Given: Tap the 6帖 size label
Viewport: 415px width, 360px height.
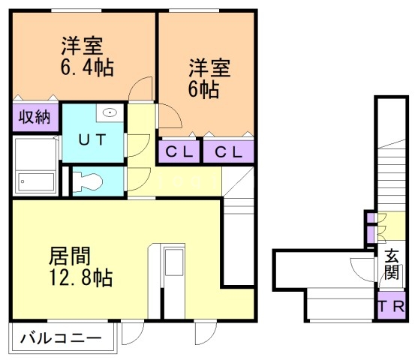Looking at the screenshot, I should tap(203, 90).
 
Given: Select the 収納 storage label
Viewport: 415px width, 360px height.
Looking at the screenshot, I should tap(35, 117).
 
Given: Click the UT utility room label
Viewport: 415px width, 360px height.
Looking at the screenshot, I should tap(92, 140).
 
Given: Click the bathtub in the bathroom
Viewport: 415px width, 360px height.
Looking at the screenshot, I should tap(35, 164).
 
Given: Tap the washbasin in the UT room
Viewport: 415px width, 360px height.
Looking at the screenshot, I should tap(110, 114).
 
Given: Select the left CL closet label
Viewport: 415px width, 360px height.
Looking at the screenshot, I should tap(179, 151).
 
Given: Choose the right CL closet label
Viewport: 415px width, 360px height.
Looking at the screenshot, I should tap(227, 151).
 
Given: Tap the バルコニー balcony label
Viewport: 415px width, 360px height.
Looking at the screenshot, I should tap(62, 338).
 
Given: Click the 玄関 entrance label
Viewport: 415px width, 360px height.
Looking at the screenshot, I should tap(392, 263).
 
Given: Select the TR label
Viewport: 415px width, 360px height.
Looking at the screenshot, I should tap(391, 307).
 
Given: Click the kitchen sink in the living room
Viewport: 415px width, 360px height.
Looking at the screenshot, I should tap(175, 263).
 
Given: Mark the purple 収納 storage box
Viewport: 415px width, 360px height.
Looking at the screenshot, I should tap(35, 117).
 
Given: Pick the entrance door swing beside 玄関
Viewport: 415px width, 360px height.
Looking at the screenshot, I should tap(361, 270).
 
